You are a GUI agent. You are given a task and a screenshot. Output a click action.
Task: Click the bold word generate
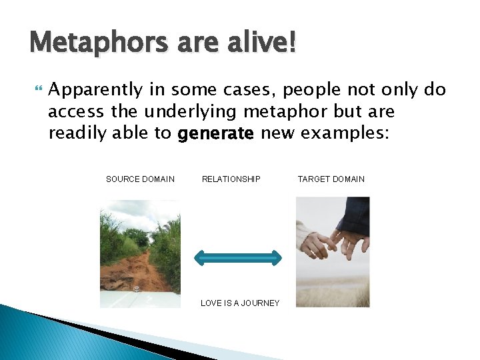click(215, 134)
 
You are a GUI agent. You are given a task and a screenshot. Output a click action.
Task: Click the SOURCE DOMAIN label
click(140, 179)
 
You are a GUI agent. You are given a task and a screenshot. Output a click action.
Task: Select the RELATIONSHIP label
click(231, 179)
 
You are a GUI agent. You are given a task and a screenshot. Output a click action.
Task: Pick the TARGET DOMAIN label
click(331, 179)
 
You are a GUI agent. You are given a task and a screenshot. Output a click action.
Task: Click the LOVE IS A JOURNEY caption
click(240, 303)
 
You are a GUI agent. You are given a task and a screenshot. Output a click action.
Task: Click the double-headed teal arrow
click(237, 257)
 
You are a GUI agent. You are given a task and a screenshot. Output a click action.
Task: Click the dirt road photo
click(140, 253)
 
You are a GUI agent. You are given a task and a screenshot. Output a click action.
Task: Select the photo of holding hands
click(332, 252)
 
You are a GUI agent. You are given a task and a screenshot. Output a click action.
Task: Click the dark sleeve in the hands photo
click(353, 217)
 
